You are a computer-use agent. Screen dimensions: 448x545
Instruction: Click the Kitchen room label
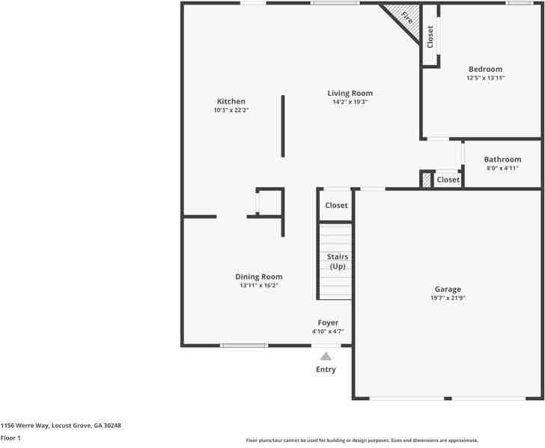click(x=231, y=102)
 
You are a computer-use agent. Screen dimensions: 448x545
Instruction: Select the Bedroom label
click(x=485, y=70)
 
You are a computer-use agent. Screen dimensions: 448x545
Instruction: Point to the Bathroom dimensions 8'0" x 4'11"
click(x=502, y=168)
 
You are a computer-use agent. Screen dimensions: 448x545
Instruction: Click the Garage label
click(x=448, y=289)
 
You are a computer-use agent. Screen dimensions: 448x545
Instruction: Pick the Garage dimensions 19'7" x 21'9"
click(x=448, y=298)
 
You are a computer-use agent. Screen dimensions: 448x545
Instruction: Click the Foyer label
click(x=328, y=323)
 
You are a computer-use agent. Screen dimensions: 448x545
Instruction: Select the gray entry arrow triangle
click(x=326, y=357)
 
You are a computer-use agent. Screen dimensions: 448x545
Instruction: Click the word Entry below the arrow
click(x=326, y=369)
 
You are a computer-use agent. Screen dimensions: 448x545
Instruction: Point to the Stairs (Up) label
click(x=337, y=262)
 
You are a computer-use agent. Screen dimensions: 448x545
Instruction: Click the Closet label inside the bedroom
click(x=430, y=37)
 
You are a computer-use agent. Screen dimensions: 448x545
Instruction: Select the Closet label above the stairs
click(x=336, y=206)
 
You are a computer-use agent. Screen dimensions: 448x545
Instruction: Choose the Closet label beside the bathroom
click(x=448, y=179)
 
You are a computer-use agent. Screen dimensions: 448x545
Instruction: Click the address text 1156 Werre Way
click(x=61, y=426)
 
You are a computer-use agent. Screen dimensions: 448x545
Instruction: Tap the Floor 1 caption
click(x=10, y=438)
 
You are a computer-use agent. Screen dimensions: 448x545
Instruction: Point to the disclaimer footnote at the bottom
click(x=362, y=441)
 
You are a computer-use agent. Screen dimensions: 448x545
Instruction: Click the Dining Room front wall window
click(x=244, y=346)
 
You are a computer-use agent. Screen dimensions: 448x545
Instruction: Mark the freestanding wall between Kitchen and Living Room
click(x=282, y=126)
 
